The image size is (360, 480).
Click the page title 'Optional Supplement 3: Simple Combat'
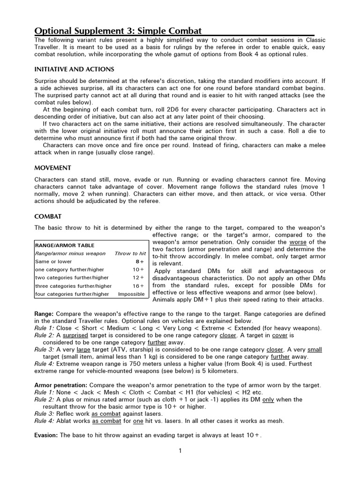tap(118, 31)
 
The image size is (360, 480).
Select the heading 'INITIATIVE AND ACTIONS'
tap(74, 69)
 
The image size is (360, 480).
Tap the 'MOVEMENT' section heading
tap(52, 167)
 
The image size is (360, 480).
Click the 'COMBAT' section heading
tap(48, 216)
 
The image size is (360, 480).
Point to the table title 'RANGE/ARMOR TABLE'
tap(65, 245)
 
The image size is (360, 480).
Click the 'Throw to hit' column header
tap(130, 253)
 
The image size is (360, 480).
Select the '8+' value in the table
tap(140, 262)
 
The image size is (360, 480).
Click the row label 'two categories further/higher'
tap(72, 278)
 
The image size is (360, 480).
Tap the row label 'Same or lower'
tap(53, 262)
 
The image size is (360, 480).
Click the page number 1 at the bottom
tap(180, 451)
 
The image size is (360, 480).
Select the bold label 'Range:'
tap(45, 314)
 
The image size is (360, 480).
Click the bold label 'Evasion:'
tap(46, 435)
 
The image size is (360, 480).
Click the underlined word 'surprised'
tap(77, 335)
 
